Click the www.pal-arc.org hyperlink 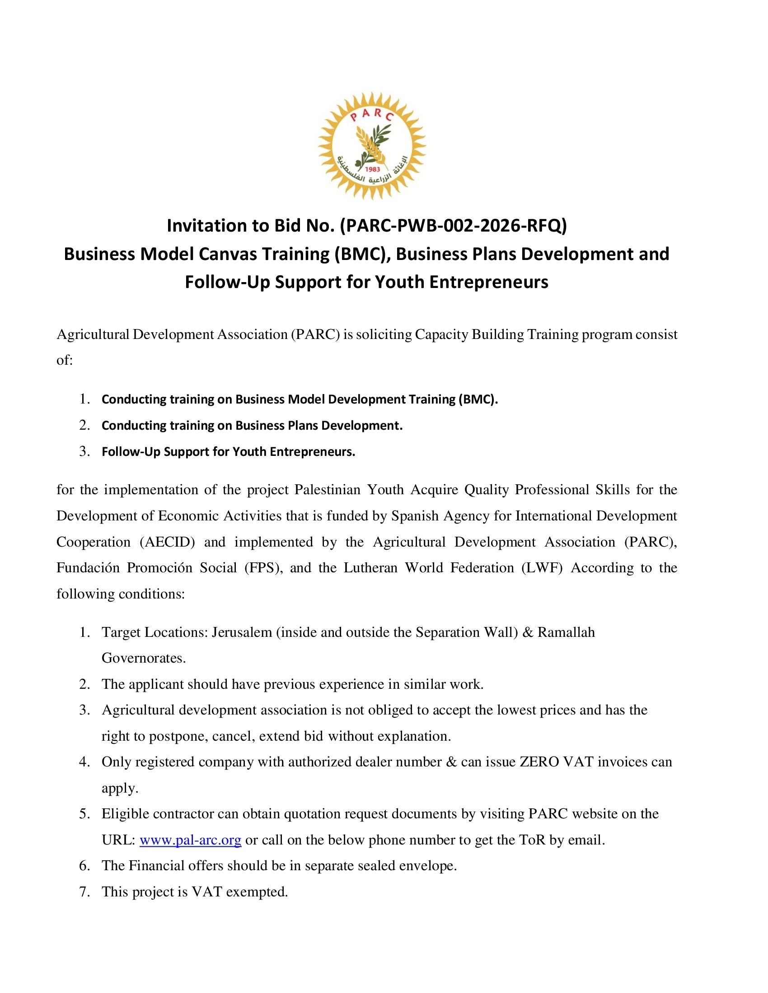(x=190, y=840)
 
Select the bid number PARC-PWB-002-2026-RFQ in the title (x=454, y=226)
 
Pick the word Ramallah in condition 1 (x=566, y=632)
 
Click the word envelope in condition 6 (x=430, y=866)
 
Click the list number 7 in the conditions (x=84, y=891)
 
